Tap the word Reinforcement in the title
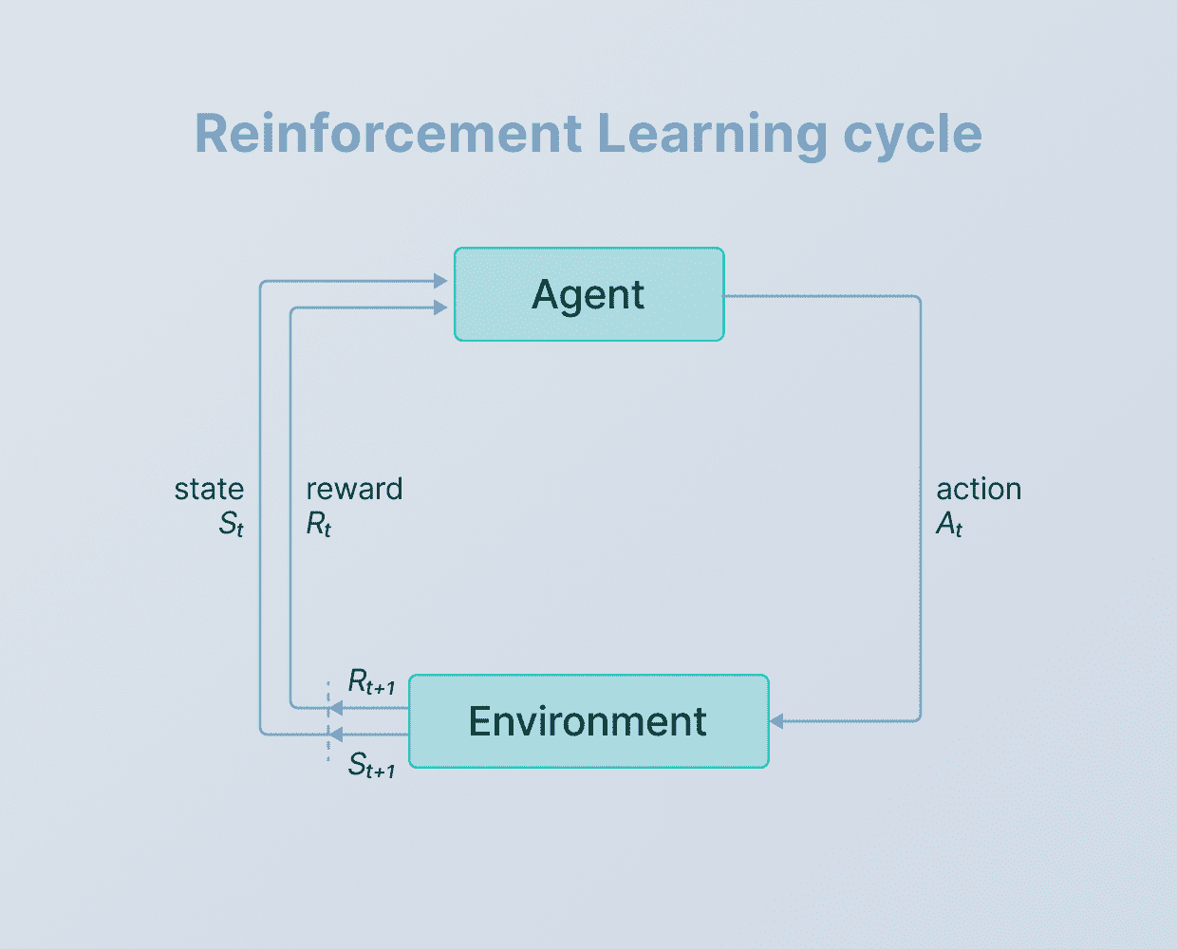point(387,133)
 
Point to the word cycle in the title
point(912,135)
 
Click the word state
point(209,489)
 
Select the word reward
point(354,489)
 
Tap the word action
point(979,489)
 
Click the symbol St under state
point(232,524)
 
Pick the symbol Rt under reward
point(319,524)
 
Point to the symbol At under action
point(949,524)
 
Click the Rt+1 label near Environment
point(371,681)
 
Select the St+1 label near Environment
point(371,765)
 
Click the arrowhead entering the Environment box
point(776,721)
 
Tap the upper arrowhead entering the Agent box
point(440,281)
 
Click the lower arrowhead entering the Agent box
point(440,307)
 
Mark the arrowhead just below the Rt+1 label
point(335,708)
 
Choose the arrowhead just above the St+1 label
point(335,735)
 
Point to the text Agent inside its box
point(588,295)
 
